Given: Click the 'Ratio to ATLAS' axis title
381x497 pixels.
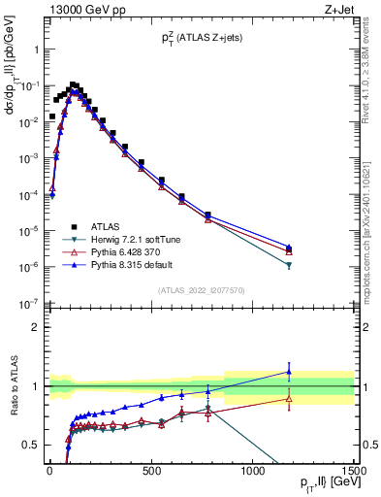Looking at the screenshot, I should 13,385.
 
